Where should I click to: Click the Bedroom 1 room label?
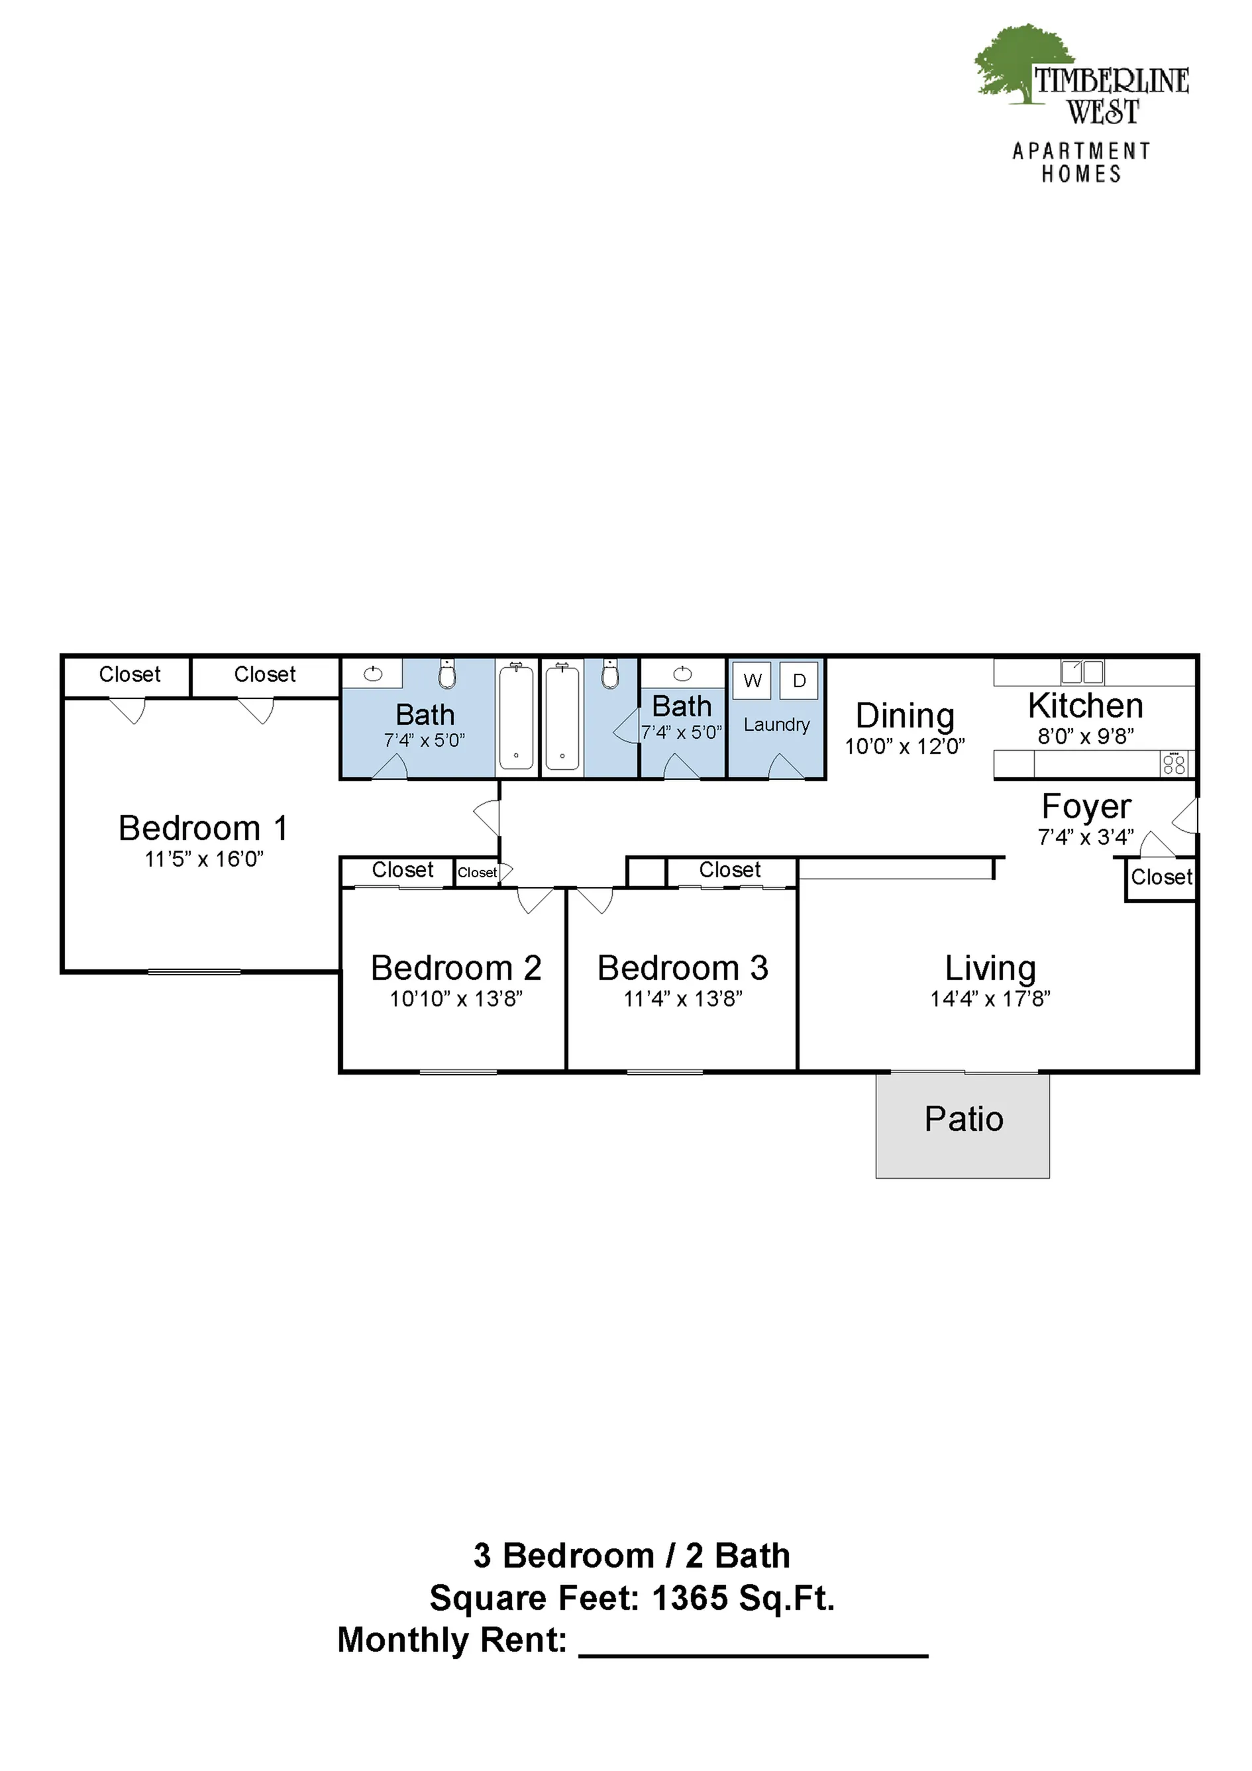tap(203, 828)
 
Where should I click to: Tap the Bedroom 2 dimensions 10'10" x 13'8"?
tap(456, 999)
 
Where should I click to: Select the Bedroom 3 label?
tap(683, 968)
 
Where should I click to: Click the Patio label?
tap(963, 1119)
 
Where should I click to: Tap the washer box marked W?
tap(752, 680)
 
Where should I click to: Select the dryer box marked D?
tap(799, 680)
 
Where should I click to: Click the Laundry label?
tap(777, 725)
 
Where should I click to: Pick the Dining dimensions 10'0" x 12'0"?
tap(905, 747)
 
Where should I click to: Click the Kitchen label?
tap(1085, 706)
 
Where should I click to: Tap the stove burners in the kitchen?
tap(1173, 765)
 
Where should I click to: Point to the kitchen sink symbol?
tap(1082, 672)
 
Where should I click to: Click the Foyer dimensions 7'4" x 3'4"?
tap(1085, 837)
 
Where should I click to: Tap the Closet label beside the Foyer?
tap(1162, 877)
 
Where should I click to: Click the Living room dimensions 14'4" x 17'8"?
tap(990, 999)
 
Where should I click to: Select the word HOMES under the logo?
tap(1082, 174)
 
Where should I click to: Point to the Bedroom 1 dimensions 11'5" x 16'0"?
tap(203, 859)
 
